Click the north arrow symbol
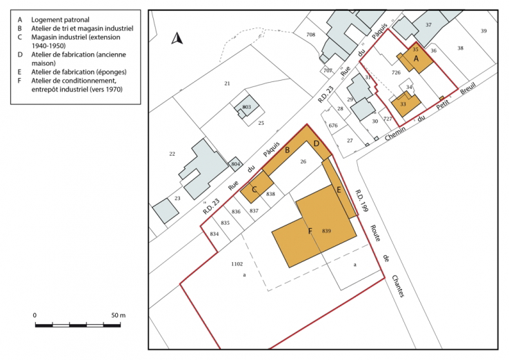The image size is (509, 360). click(x=177, y=39)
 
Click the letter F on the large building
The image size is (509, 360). click(x=310, y=230)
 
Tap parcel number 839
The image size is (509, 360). click(x=327, y=230)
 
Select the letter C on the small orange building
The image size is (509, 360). click(x=254, y=189)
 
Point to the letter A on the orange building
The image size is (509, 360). click(x=416, y=60)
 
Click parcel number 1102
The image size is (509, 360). click(x=237, y=263)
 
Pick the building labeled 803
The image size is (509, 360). click(x=246, y=108)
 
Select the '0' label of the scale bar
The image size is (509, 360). click(x=35, y=315)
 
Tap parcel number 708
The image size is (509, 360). click(x=311, y=34)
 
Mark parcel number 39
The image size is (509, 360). click(x=483, y=30)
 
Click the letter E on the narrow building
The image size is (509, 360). click(x=339, y=188)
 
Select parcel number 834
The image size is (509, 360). click(x=214, y=234)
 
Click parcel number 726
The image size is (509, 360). click(x=396, y=72)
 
